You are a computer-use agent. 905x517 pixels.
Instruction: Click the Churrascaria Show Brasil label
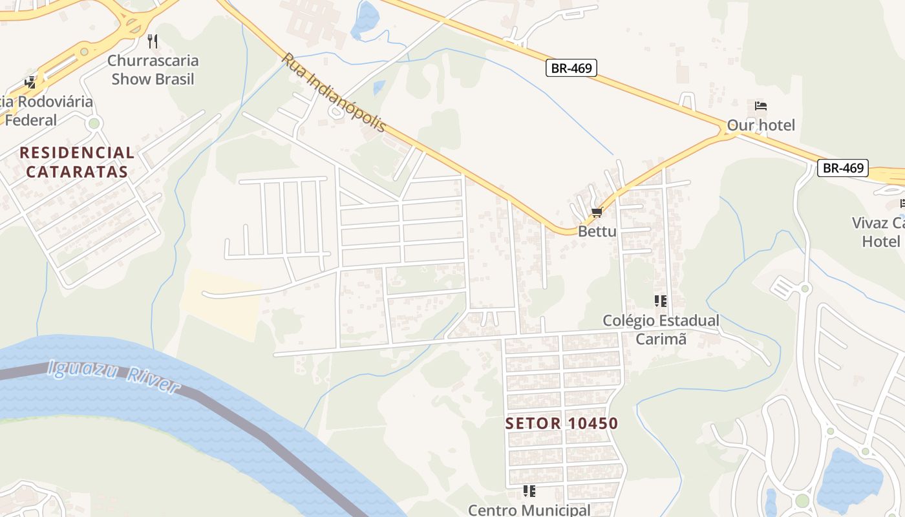153,70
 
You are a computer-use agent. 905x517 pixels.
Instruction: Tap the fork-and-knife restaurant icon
153,41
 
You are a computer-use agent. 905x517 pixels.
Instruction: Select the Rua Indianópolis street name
333,92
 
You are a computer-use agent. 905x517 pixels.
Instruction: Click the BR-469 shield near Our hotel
571,68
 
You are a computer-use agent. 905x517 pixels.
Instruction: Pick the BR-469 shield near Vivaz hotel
843,168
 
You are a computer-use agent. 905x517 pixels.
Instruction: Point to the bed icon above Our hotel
761,106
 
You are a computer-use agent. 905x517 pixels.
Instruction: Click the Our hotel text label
761,125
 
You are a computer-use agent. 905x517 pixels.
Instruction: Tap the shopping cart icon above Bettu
597,213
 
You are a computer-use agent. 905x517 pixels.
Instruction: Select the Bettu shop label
597,231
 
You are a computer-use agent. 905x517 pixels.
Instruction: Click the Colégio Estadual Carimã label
661,330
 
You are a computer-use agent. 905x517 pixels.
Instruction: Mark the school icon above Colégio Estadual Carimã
660,301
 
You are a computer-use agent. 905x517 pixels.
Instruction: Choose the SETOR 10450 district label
562,424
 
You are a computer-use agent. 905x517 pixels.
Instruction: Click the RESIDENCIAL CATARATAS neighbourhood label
77,162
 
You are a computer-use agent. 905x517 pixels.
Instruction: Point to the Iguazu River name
114,377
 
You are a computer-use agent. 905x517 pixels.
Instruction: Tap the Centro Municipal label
529,510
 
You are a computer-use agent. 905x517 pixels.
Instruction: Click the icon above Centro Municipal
529,491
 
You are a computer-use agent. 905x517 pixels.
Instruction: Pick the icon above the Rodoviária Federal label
30,83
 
